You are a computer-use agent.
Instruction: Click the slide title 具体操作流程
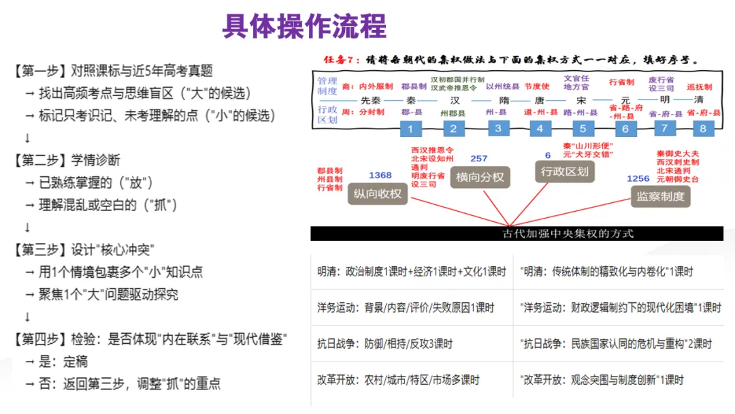(x=304, y=26)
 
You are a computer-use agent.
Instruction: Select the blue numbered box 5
(x=582, y=129)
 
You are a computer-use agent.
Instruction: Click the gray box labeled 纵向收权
(x=378, y=194)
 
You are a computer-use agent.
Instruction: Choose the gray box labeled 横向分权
(x=480, y=177)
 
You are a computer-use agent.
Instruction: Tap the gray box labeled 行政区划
(x=565, y=172)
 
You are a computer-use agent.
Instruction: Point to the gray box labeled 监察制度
(x=660, y=197)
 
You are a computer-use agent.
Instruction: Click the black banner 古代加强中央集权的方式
(x=517, y=234)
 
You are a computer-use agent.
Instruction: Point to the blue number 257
(x=478, y=159)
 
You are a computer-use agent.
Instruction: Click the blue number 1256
(x=638, y=178)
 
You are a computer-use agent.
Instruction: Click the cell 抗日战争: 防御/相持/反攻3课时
(x=385, y=344)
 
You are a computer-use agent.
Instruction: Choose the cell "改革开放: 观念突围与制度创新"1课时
(x=602, y=380)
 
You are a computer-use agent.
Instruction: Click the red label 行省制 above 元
(x=621, y=82)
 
